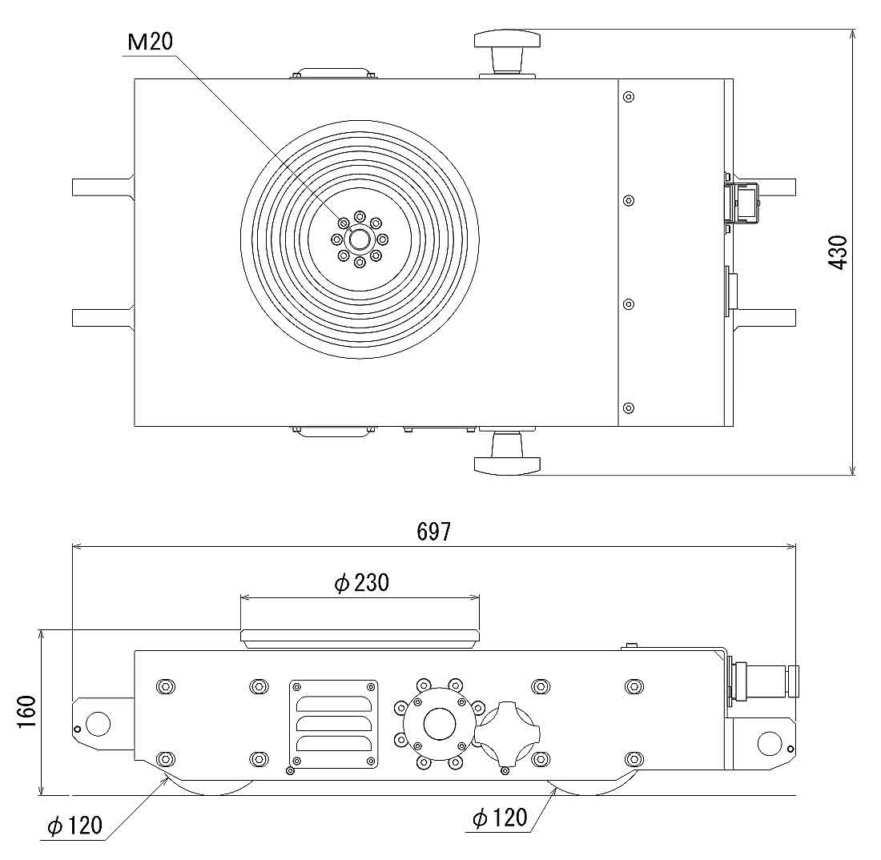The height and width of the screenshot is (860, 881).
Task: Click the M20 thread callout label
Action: click(151, 42)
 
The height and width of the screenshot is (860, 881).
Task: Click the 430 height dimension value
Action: click(838, 251)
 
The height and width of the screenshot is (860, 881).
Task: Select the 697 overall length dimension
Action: click(433, 532)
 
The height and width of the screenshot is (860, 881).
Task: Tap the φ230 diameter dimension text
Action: click(361, 583)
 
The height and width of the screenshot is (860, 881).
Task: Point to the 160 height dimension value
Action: click(26, 712)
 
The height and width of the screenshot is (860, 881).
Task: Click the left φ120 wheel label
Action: click(75, 826)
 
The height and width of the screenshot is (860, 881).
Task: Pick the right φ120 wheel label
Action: click(500, 818)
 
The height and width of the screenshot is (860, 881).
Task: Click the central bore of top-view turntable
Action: click(360, 239)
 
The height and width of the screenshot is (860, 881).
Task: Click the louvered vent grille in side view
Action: click(333, 724)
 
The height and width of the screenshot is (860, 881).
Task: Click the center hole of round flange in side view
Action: click(439, 724)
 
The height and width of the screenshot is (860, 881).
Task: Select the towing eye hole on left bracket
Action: click(97, 724)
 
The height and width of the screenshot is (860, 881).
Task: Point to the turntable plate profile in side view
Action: click(360, 637)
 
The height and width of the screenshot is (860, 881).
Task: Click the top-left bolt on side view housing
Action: click(166, 686)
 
